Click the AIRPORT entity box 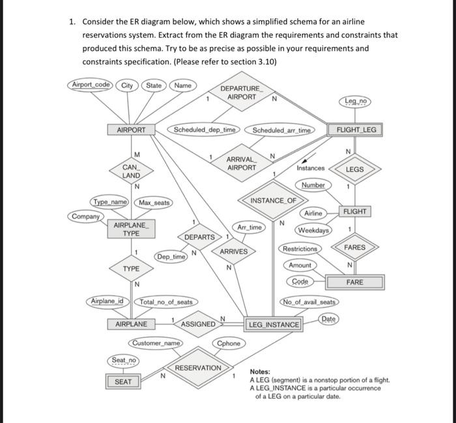[x=131, y=130]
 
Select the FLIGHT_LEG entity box [x=356, y=130]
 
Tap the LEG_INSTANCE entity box [x=274, y=324]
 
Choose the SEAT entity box [x=123, y=382]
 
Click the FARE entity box [x=355, y=282]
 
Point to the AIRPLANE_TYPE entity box [x=131, y=229]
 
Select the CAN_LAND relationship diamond [x=131, y=171]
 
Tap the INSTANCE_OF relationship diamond [x=274, y=200]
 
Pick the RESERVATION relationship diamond [x=199, y=368]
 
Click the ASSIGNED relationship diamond [x=198, y=324]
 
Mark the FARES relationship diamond [x=355, y=248]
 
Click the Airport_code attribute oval [x=91, y=85]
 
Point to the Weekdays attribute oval [x=313, y=230]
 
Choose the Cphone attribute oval [x=229, y=343]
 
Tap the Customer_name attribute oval [x=157, y=343]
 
